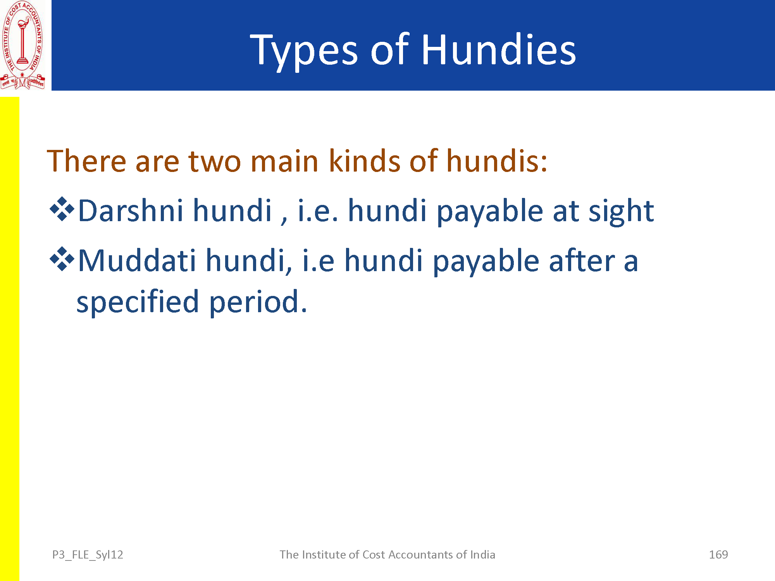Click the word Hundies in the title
499,50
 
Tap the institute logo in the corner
22,45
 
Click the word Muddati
137,260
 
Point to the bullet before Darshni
62,209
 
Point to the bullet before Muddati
62,259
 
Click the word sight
622,211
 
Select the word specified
138,302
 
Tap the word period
258,302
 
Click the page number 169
718,555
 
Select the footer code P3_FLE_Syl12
88,555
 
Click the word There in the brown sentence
86,160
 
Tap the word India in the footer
482,555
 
